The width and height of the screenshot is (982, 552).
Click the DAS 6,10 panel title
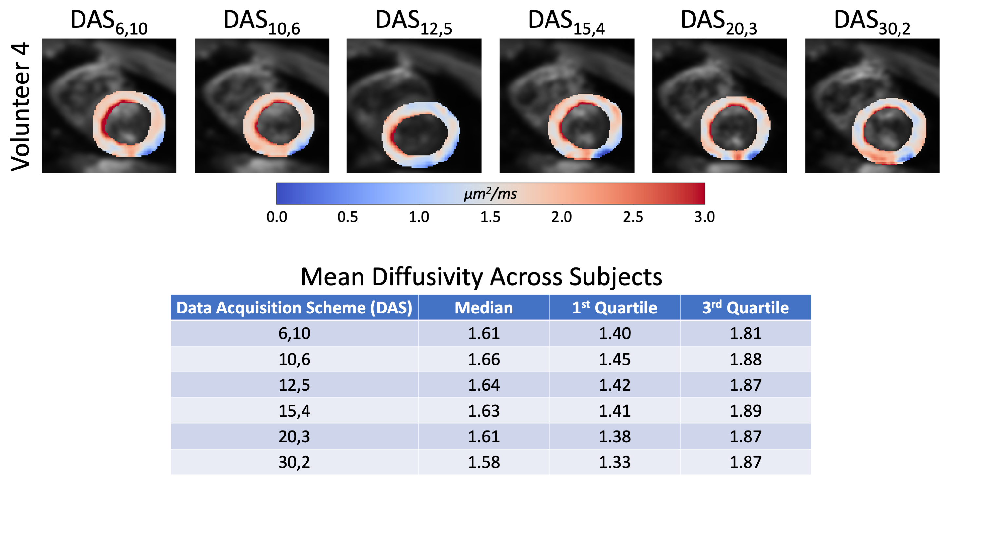point(109,22)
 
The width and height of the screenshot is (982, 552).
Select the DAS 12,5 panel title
point(414,22)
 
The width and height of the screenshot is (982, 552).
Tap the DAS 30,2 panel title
point(872,22)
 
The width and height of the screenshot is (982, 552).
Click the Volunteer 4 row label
point(21,106)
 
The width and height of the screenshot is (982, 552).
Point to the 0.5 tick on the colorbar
point(347,217)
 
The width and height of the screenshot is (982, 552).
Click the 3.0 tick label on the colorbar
point(704,217)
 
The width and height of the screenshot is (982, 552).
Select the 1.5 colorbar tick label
point(490,217)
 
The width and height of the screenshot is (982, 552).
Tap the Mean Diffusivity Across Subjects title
point(481,276)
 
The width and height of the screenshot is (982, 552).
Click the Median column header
point(483,308)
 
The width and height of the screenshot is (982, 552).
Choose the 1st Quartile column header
point(614,308)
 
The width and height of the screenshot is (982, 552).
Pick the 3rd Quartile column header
point(745,308)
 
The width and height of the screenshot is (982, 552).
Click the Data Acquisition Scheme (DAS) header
point(294,308)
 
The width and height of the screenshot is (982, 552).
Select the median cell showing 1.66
point(483,359)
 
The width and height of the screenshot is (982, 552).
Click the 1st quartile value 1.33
point(615,462)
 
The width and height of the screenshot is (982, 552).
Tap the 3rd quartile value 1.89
point(745,411)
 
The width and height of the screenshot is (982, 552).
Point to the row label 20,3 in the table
point(294,436)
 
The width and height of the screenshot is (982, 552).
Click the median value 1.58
point(483,462)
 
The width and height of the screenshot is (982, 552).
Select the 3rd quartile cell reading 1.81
point(745,333)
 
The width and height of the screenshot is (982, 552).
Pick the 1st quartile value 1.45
point(615,359)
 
